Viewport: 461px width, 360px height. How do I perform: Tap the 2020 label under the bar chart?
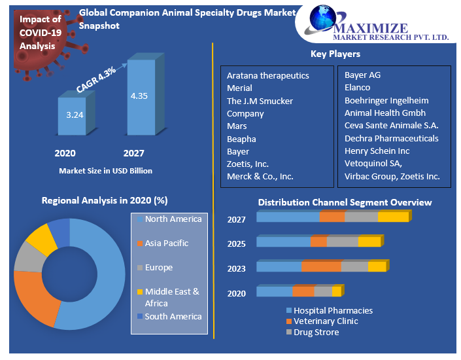[65, 153]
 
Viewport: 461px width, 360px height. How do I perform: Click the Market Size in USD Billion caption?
[105, 171]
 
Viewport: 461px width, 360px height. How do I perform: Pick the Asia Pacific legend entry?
[166, 243]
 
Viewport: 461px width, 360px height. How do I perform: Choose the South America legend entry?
[173, 317]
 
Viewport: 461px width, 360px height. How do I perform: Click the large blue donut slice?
[105, 275]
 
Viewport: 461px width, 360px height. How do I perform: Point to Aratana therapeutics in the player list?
[268, 76]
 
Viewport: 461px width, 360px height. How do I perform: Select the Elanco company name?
[357, 88]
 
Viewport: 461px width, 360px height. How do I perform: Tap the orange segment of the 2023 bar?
[321, 267]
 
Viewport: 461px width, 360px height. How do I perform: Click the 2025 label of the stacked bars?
[236, 244]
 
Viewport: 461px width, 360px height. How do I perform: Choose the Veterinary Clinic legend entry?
[326, 321]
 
